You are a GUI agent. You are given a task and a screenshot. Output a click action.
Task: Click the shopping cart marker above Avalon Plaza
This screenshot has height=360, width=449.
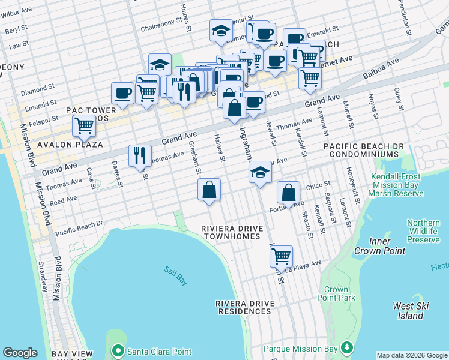84,125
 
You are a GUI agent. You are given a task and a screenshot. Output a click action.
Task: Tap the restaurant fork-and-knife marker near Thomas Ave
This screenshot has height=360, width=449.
140,155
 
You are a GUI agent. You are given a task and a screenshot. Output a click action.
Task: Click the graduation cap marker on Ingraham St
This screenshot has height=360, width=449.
260,172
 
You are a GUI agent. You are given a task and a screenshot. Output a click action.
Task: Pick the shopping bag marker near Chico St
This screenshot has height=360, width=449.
289,193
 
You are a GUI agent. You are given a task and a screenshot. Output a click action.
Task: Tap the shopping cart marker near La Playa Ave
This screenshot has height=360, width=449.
281,256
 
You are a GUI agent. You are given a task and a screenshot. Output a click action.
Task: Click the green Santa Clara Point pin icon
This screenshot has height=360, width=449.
118,350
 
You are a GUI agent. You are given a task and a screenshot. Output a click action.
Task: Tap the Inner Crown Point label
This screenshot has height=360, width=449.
379,246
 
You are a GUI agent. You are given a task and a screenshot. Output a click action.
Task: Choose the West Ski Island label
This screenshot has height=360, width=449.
411,311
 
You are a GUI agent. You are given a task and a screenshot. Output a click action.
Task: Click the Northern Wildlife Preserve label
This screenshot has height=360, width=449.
423,231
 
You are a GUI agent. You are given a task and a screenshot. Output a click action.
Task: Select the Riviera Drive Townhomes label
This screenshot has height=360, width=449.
231,232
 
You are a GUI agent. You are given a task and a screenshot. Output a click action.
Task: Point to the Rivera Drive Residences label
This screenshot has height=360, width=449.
245,307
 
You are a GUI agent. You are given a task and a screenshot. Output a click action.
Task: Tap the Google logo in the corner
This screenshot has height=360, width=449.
20,353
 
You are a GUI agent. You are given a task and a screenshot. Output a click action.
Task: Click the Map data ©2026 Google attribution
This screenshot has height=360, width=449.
411,355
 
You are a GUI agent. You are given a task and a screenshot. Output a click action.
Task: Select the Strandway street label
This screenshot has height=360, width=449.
43,276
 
